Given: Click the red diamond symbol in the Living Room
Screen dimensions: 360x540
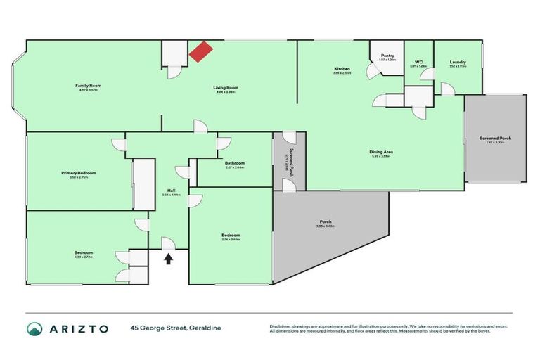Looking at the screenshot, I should (201, 52).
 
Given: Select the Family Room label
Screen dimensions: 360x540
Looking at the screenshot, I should (89, 86).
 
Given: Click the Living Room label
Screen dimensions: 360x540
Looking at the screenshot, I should (226, 88).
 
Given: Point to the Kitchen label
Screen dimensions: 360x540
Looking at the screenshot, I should (342, 69).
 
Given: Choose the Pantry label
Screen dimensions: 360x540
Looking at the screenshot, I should (387, 56).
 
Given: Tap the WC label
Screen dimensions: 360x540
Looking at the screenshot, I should (418, 62).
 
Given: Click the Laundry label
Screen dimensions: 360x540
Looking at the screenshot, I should (458, 62).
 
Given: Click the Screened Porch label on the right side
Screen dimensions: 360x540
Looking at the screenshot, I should (495, 139).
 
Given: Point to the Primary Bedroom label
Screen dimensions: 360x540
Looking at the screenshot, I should (78, 173).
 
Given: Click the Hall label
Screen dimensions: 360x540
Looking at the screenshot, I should (171, 191).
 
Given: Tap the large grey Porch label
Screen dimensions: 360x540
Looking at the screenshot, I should (326, 223).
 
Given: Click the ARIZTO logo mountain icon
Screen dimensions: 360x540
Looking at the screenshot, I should (35, 328).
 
